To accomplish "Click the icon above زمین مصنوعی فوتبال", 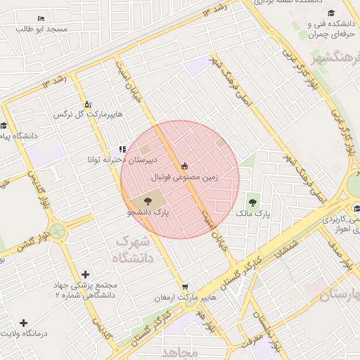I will click(x=185, y=166).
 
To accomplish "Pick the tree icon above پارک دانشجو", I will click(x=156, y=201).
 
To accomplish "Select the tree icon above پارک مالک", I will click(x=252, y=202).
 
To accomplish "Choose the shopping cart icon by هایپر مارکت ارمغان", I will click(x=184, y=286).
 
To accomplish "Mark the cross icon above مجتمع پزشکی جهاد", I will click(x=86, y=274).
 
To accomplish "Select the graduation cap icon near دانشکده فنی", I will click(x=349, y=13).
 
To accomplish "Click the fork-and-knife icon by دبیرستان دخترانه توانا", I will click(x=122, y=149).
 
